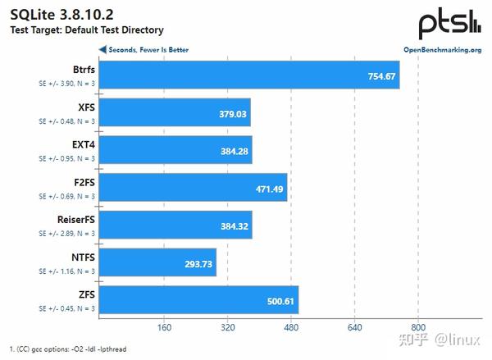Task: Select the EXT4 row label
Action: click(82, 144)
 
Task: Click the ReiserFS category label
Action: click(73, 219)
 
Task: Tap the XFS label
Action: click(85, 107)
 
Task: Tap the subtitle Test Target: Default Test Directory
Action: click(86, 30)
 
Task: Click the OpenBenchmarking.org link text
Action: click(442, 49)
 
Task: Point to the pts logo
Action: click(449, 24)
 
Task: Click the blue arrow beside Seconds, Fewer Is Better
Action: click(102, 49)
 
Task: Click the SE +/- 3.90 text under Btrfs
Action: click(66, 84)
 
